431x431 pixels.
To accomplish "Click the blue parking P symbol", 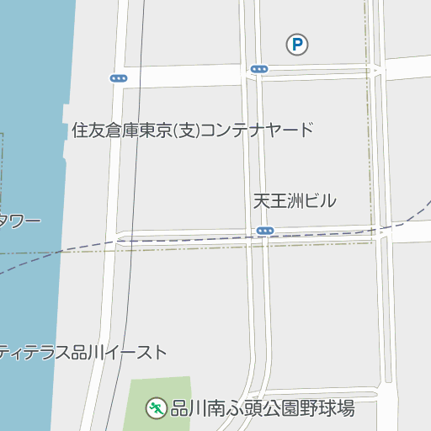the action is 296,45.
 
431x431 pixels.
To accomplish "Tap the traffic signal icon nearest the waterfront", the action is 119,78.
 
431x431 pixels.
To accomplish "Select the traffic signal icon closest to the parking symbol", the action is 259,69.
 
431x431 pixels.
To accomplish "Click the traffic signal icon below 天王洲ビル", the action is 265,231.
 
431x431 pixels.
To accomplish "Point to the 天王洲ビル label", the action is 295,201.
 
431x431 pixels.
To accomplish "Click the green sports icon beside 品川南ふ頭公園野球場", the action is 156,409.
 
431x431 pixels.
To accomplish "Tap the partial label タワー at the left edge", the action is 19,221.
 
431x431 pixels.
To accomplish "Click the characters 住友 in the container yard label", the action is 88,130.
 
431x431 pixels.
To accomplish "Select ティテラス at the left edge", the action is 35,353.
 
